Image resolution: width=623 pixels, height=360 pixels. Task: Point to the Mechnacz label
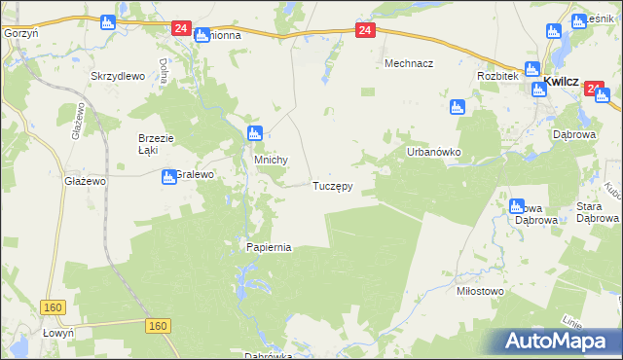[408, 63]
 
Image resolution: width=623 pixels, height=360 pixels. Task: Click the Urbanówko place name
[433, 153]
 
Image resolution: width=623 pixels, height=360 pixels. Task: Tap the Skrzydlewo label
[117, 76]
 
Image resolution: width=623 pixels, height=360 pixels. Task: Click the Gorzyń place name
[20, 32]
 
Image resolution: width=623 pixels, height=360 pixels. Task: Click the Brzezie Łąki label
[155, 144]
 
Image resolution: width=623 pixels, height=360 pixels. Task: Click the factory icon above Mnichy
[254, 133]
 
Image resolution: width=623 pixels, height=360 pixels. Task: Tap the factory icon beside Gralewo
[168, 176]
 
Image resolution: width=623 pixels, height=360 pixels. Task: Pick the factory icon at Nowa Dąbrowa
[517, 206]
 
